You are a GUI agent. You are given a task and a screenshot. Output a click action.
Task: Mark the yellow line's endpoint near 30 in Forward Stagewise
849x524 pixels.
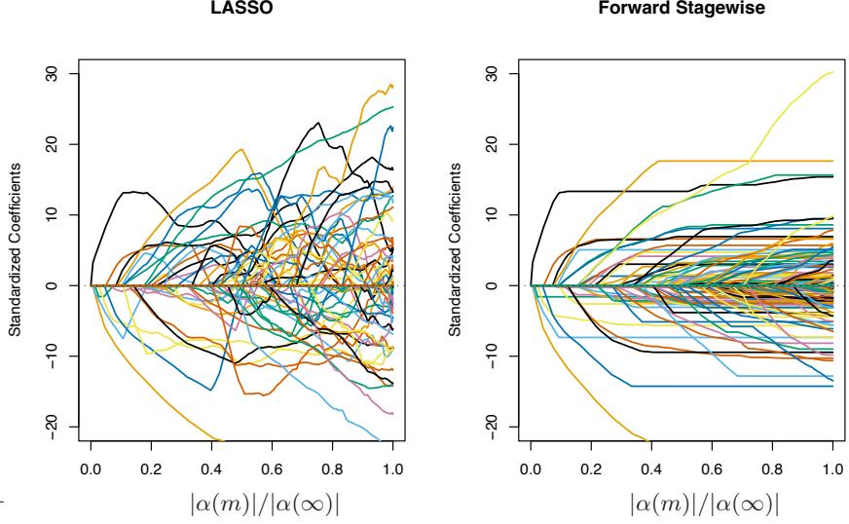831,72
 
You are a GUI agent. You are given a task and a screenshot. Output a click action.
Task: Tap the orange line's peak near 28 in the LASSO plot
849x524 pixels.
390,85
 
